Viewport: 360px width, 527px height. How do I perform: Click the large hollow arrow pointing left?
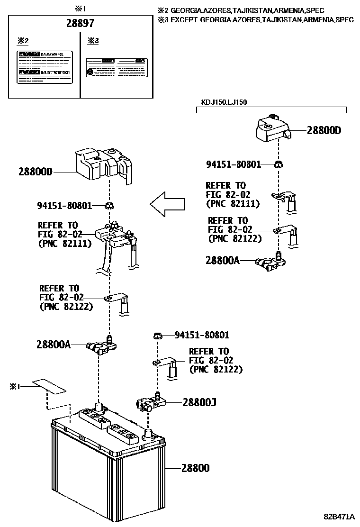[x=167, y=204]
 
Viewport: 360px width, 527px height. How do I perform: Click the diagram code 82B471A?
[x=339, y=515]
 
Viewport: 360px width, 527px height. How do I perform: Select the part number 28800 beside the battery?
[x=195, y=468]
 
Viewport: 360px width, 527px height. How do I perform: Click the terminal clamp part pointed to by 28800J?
[x=151, y=403]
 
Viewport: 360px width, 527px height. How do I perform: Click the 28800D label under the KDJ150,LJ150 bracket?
[x=324, y=130]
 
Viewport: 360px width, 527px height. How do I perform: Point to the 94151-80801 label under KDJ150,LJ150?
[x=234, y=164]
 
